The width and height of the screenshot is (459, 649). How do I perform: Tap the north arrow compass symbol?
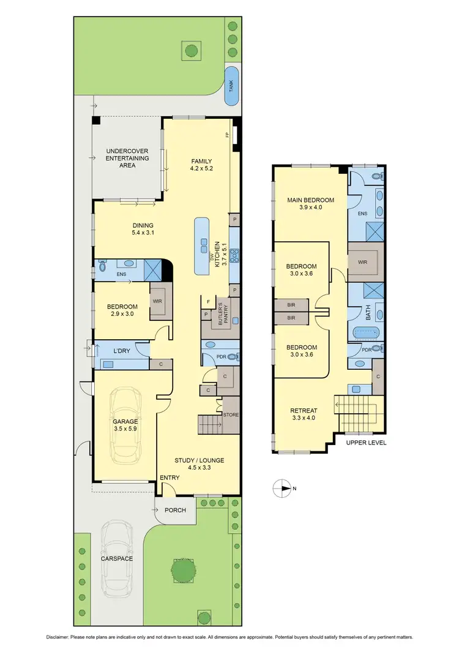coord(281,488)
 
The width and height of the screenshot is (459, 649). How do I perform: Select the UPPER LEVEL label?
coord(366,442)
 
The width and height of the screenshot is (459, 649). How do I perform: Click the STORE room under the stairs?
coord(231,415)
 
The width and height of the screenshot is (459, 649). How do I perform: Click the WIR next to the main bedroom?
coord(362,261)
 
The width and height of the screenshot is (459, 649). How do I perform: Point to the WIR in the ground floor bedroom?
coord(158,301)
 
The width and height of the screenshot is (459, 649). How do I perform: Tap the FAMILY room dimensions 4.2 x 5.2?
coord(202,168)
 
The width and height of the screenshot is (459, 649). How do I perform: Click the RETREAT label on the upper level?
coord(302,411)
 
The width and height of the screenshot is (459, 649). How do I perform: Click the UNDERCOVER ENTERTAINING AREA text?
coord(127,158)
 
